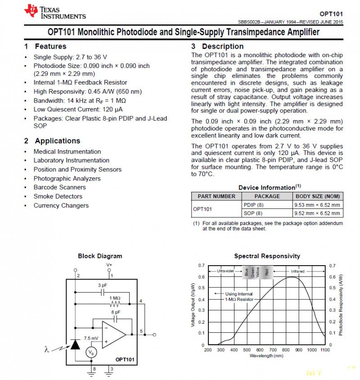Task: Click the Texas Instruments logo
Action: coord(54,12)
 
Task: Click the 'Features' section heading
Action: coord(50,46)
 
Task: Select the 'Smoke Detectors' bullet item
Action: coord(58,196)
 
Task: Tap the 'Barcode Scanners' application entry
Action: coord(59,187)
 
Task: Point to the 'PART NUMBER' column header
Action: coord(216,196)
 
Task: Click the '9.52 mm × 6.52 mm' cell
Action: coord(317,213)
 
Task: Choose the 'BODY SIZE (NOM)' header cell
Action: coord(317,196)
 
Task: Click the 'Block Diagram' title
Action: coord(100,256)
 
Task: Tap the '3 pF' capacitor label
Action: coord(103,285)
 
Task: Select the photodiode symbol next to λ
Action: coord(75,344)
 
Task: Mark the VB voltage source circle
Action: coord(92,352)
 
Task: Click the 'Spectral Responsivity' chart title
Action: coord(267,256)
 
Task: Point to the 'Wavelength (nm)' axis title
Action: coord(267,356)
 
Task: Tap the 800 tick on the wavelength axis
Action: coord(285,349)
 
